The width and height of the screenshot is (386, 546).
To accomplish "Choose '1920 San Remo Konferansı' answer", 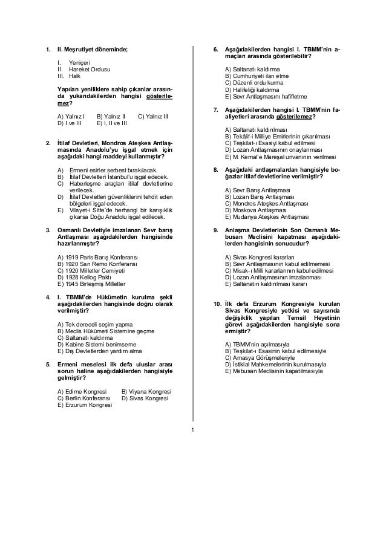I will pos(97,264).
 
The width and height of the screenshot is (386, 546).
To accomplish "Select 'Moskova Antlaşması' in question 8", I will pos(254,210).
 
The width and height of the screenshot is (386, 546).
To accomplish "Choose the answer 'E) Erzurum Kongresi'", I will pos(85,406).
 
